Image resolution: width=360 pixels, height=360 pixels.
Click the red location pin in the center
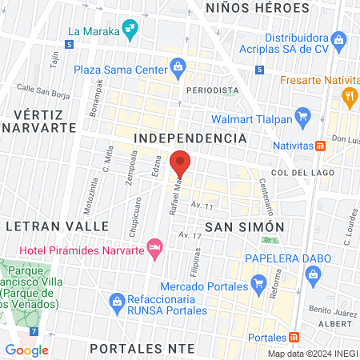point(181,163)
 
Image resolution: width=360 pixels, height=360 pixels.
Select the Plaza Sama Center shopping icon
point(178,68)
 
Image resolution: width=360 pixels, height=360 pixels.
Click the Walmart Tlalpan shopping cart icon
point(302,118)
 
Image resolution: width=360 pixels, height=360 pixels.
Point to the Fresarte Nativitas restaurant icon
point(349,98)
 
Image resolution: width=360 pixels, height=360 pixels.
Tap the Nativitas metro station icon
point(321,146)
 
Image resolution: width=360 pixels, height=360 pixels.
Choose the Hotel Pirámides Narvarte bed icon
point(155,245)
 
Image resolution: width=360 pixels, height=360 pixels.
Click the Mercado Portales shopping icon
point(258,283)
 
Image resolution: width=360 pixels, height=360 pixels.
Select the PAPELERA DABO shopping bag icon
point(314,276)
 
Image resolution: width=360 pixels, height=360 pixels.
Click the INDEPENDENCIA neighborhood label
point(190,138)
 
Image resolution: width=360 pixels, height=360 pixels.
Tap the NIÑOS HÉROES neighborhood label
point(257,8)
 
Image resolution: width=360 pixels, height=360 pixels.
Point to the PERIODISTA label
point(213,90)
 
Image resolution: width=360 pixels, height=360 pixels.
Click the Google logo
point(27,350)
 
